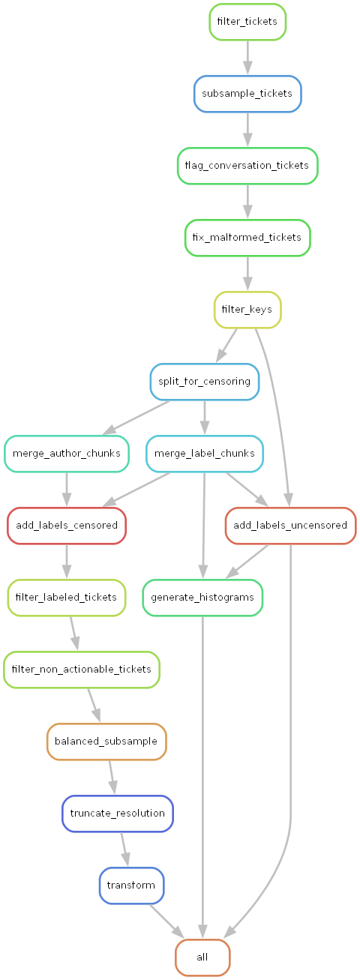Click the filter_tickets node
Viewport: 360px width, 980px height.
[247, 22]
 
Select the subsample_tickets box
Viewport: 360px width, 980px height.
[247, 94]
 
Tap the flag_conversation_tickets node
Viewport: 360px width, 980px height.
[247, 166]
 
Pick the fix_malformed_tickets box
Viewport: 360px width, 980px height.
[247, 238]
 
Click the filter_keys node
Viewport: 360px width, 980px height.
[247, 310]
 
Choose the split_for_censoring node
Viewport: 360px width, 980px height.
[204, 382]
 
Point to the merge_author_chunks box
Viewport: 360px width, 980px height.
[67, 454]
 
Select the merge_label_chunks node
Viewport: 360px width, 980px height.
[204, 454]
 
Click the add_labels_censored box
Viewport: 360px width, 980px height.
[67, 526]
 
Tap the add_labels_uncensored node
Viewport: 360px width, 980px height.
[290, 526]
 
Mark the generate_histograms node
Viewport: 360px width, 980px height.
[202, 598]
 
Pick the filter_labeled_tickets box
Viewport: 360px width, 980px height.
[67, 598]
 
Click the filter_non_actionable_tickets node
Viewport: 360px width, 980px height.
[82, 670]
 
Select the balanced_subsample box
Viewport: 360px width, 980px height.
[106, 742]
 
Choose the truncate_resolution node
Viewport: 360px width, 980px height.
[117, 814]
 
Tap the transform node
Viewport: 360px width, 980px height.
[131, 886]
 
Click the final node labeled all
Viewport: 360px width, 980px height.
[202, 958]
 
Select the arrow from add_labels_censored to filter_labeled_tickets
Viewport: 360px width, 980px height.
[67, 562]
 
